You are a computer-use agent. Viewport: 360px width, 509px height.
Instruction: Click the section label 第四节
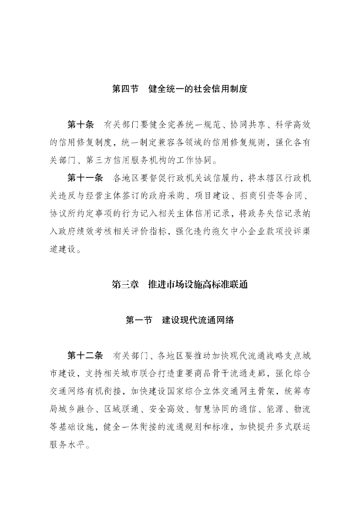(x=125, y=89)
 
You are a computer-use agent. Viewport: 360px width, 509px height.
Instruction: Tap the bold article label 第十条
(x=80, y=124)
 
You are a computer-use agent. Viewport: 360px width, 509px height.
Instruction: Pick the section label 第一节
(x=139, y=320)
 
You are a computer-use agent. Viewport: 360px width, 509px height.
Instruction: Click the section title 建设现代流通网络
(x=198, y=320)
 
